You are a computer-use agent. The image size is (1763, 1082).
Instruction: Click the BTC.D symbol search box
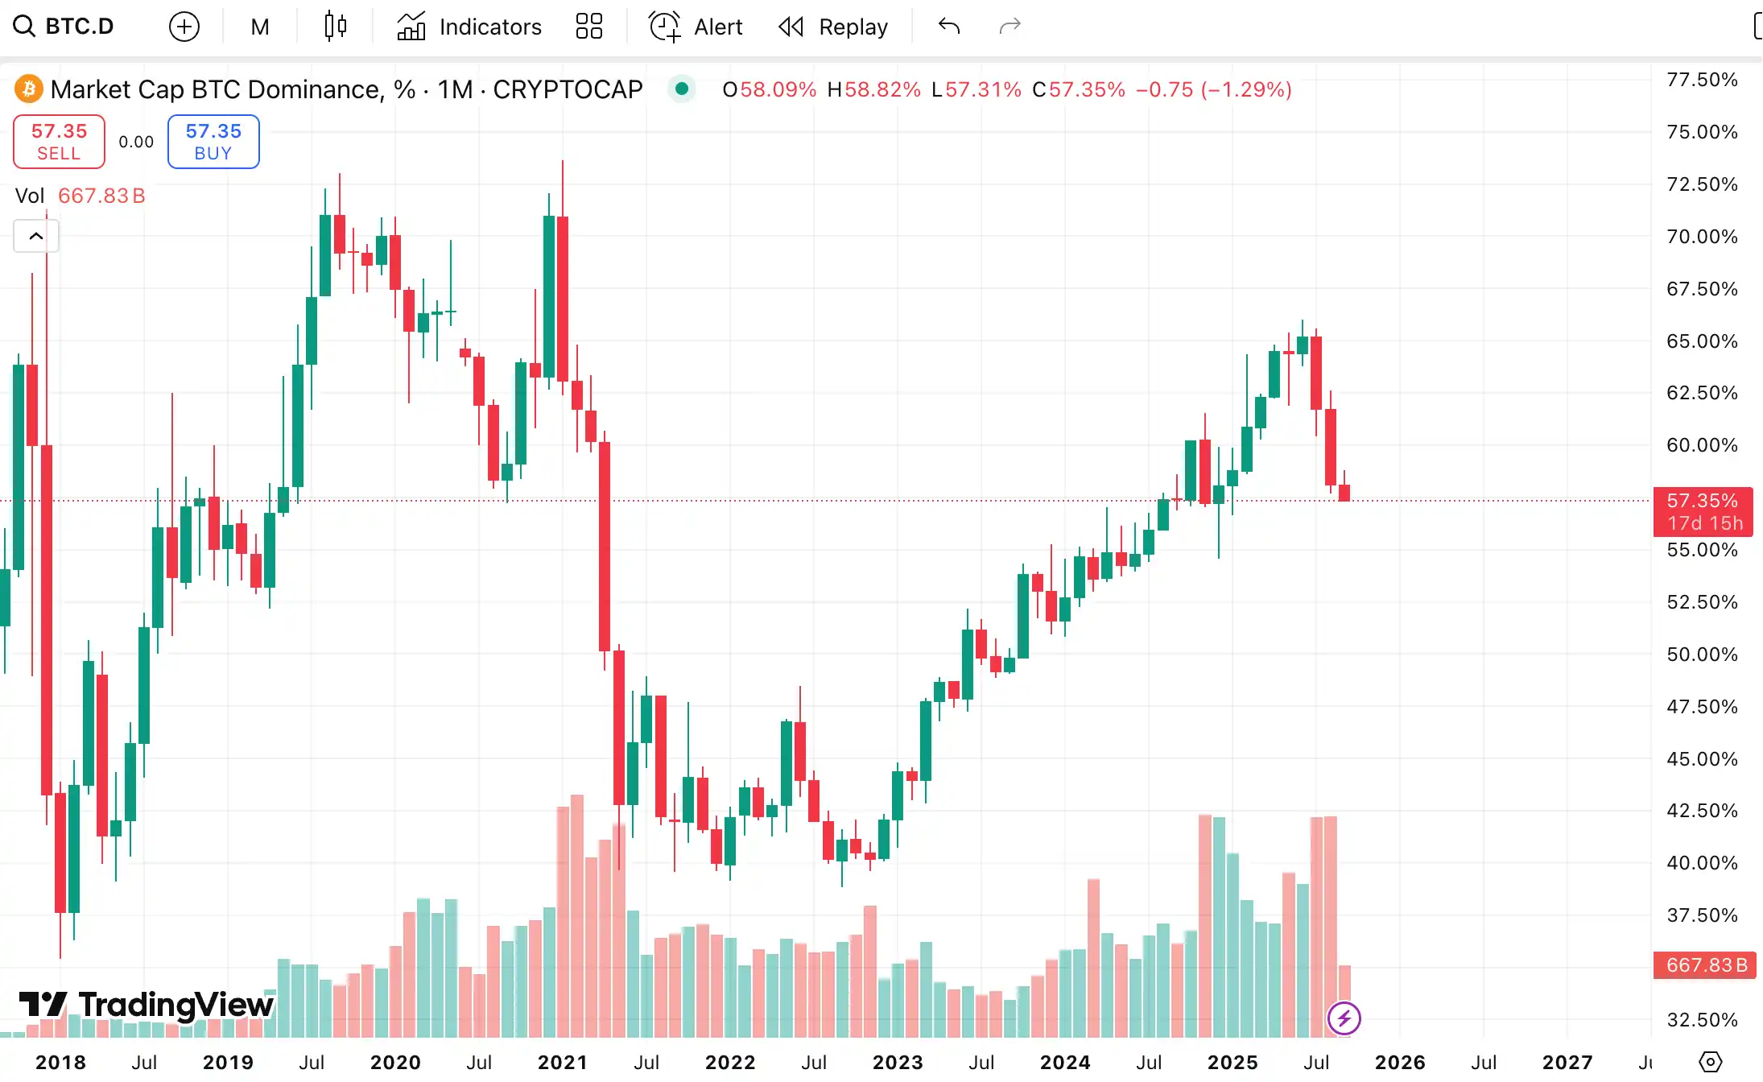[x=64, y=27]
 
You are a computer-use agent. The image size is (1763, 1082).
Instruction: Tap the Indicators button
[x=469, y=27]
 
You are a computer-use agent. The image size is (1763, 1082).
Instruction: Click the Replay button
[x=833, y=27]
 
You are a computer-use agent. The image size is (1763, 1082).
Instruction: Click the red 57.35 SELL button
[x=59, y=142]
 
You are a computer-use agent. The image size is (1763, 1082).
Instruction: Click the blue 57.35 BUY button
[x=213, y=142]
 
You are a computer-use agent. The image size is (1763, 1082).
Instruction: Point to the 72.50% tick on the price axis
[x=1701, y=184]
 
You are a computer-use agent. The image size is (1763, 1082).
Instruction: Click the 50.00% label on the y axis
[x=1701, y=655]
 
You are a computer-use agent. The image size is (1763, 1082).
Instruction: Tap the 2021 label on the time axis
[x=562, y=1063]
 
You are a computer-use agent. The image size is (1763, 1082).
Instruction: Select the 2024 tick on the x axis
[x=1064, y=1063]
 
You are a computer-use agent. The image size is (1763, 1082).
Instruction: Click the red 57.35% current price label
[x=1703, y=502]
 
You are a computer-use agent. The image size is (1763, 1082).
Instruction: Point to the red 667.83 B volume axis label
[x=1704, y=964]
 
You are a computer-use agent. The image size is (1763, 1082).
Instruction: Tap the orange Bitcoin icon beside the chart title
[x=29, y=89]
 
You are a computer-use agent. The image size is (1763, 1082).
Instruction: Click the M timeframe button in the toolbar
[x=259, y=27]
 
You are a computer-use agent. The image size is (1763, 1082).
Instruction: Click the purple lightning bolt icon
[x=1344, y=1018]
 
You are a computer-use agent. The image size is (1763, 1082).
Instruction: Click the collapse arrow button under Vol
[x=36, y=236]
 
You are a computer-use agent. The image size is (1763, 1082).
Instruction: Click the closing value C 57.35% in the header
[x=1079, y=89]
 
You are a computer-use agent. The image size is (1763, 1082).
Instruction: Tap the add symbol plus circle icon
[x=184, y=27]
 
